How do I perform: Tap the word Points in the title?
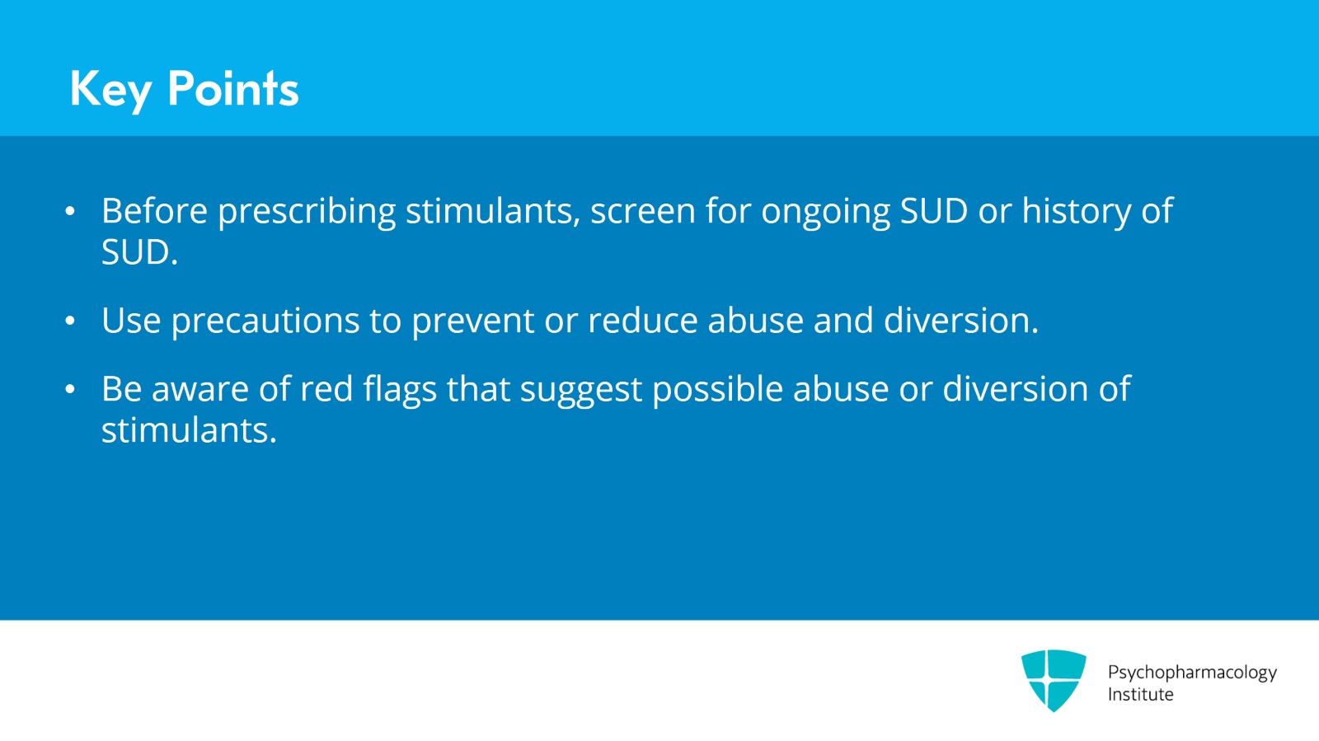click(232, 89)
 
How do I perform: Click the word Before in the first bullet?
click(154, 211)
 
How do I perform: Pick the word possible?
click(717, 389)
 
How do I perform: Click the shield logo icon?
click(1054, 680)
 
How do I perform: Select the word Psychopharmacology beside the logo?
click(1191, 673)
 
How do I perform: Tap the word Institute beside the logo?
click(1140, 694)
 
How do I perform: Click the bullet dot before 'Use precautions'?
click(70, 321)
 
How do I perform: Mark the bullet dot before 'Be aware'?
click(70, 389)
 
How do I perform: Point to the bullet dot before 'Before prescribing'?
click(70, 212)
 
